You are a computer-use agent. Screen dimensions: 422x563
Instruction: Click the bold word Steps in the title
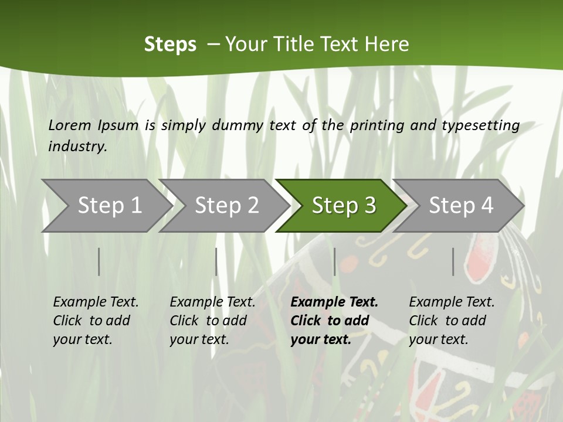(x=170, y=45)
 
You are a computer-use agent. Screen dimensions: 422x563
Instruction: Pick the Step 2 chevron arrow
(x=226, y=205)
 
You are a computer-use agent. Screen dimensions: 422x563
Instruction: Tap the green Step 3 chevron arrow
(x=343, y=205)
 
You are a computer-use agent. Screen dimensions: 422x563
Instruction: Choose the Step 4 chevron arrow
(x=460, y=205)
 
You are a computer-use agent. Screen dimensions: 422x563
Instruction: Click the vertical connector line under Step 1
(x=99, y=261)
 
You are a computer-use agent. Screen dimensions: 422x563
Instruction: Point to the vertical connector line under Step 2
(x=216, y=261)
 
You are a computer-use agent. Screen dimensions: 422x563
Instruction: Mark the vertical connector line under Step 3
(x=334, y=261)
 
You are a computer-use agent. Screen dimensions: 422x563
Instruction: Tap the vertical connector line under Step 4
(x=453, y=261)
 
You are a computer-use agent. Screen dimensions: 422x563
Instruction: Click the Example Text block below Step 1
(x=96, y=321)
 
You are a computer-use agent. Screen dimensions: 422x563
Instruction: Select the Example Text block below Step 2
(x=212, y=321)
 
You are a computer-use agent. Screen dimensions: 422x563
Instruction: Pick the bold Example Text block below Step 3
(x=334, y=321)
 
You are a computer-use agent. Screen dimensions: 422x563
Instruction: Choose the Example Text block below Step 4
(x=452, y=321)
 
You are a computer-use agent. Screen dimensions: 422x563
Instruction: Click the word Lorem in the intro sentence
(x=69, y=125)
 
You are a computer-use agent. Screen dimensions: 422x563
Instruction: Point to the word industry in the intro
(x=77, y=146)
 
